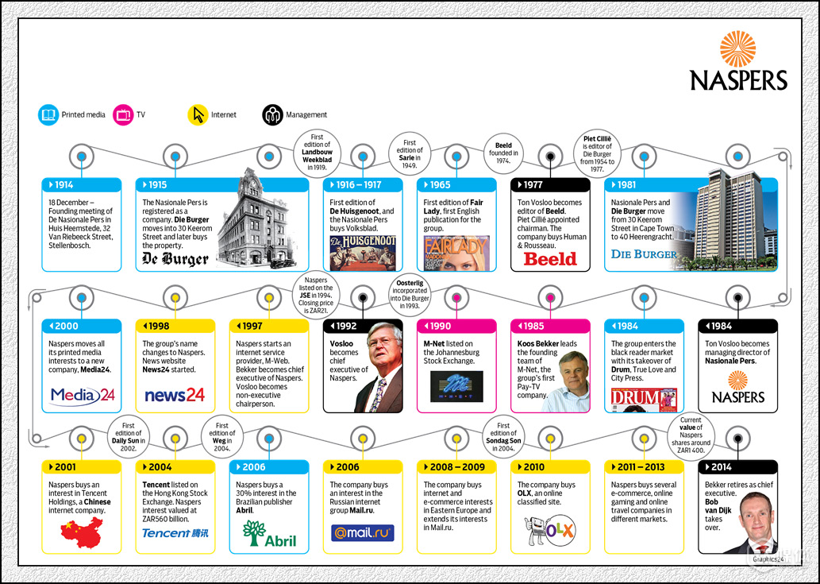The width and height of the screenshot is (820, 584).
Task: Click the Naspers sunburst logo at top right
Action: pyautogui.click(x=737, y=48)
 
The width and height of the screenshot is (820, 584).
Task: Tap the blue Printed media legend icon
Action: pyautogui.click(x=48, y=114)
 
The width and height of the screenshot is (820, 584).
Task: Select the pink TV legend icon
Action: pyautogui.click(x=123, y=114)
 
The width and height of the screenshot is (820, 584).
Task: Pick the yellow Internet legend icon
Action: pyautogui.click(x=198, y=114)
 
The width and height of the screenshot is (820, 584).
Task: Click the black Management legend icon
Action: pyautogui.click(x=272, y=114)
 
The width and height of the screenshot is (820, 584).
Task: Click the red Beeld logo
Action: pyautogui.click(x=550, y=258)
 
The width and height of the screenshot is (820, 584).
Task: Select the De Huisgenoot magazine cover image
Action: pyautogui.click(x=363, y=253)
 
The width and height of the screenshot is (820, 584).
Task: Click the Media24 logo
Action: pyautogui.click(x=82, y=395)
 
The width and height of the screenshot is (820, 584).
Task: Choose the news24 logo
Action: pyautogui.click(x=175, y=395)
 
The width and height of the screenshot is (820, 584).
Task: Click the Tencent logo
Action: pyautogui.click(x=175, y=533)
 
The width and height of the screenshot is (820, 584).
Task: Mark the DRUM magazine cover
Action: pyautogui.click(x=644, y=398)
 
